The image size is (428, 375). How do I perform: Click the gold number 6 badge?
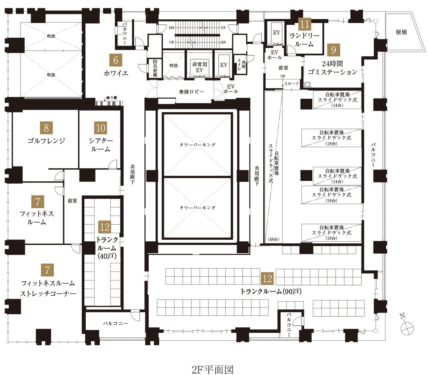[x=115, y=60]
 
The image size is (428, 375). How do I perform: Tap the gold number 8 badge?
[x=46, y=127]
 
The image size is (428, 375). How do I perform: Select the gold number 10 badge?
[x=100, y=127]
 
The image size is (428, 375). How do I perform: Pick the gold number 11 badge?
[x=304, y=24]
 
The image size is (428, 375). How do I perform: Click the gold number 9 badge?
[x=333, y=50]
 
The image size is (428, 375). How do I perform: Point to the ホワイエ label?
[x=116, y=73]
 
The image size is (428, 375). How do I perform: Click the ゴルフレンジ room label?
[x=46, y=140]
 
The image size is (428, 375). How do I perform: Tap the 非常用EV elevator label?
[x=200, y=67]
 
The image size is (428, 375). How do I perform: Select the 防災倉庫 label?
[x=155, y=68]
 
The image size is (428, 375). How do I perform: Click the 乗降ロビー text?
[x=192, y=92]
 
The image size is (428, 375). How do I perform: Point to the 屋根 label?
[x=401, y=32]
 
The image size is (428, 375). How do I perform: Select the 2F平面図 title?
[x=213, y=369]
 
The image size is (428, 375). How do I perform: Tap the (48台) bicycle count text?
[x=274, y=239]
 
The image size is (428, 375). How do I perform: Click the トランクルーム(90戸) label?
[x=271, y=291]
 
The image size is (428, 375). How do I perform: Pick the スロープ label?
[x=291, y=84]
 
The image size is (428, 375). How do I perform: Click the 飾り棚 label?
[x=112, y=98]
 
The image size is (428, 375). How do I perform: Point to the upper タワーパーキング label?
[x=197, y=144]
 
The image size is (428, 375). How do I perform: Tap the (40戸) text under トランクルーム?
[x=106, y=256]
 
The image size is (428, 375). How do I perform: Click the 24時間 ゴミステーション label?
[x=332, y=68]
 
